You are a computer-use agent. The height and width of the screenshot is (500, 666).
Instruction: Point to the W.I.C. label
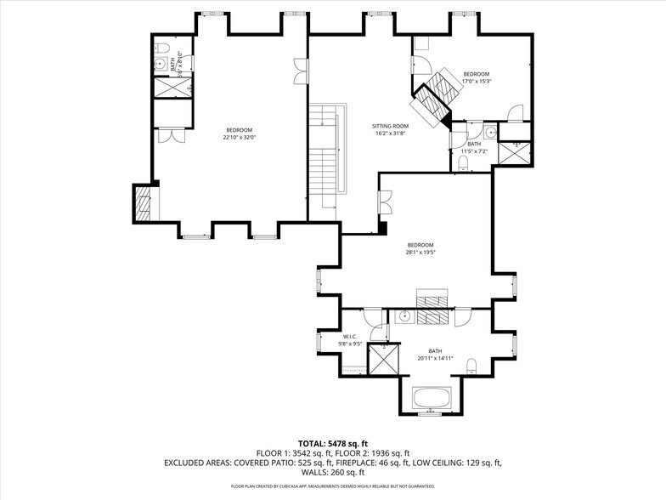tap(353, 337)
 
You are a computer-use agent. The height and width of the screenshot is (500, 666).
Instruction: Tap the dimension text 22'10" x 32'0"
tap(239, 137)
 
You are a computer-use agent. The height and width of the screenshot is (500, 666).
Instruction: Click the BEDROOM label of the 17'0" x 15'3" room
tap(477, 74)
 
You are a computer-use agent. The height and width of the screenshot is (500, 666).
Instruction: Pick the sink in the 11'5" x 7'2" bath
tap(490, 134)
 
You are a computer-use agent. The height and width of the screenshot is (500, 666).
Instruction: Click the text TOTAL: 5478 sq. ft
tap(332, 443)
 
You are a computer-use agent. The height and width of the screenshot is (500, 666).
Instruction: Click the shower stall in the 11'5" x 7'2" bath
tap(515, 151)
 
